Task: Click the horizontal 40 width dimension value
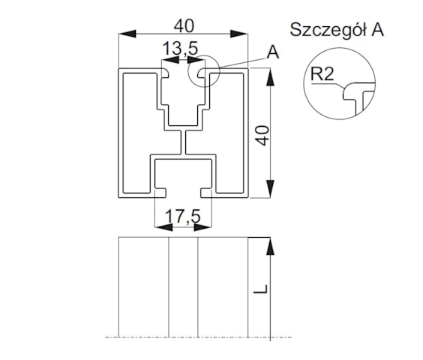[x=184, y=26]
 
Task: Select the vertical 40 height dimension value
[x=262, y=136]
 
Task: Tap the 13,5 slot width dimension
[x=180, y=49]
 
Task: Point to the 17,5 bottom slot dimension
[x=183, y=217]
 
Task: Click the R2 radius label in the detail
[x=322, y=73]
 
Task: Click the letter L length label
[x=261, y=289]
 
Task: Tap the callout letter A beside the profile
[x=273, y=52]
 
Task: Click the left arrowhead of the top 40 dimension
[x=127, y=34]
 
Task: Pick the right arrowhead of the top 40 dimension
[x=238, y=34]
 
